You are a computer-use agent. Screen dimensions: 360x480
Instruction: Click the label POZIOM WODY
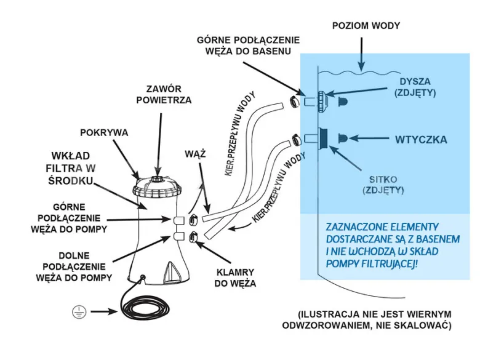[366, 26]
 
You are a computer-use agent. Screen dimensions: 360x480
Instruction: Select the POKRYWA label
[104, 132]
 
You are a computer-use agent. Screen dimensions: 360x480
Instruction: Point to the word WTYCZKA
[421, 140]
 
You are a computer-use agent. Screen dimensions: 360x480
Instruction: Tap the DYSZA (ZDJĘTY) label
[415, 87]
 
